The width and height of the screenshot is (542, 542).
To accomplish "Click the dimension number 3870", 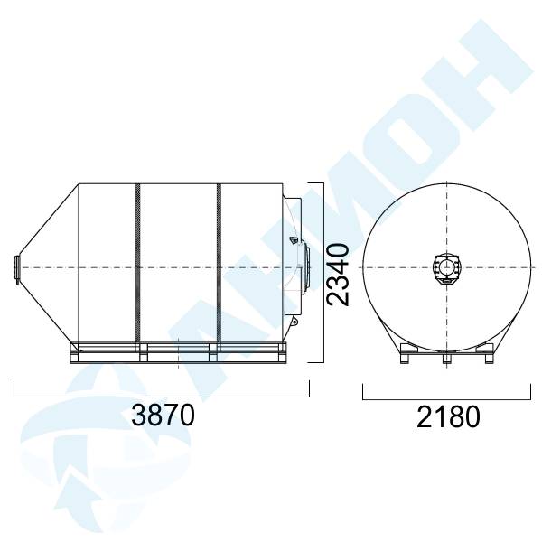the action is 163,416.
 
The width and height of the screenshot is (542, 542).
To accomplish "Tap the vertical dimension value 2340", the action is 339,275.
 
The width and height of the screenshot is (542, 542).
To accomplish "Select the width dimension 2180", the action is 448,417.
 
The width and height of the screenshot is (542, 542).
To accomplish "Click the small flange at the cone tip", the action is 16,268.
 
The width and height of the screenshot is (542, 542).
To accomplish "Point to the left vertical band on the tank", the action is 138,263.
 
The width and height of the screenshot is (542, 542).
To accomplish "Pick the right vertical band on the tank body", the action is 219,263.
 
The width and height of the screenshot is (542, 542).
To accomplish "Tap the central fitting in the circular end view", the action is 446,268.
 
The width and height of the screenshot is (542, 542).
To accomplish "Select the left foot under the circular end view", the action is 405,358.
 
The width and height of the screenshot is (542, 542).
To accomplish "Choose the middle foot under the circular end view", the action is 446,358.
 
